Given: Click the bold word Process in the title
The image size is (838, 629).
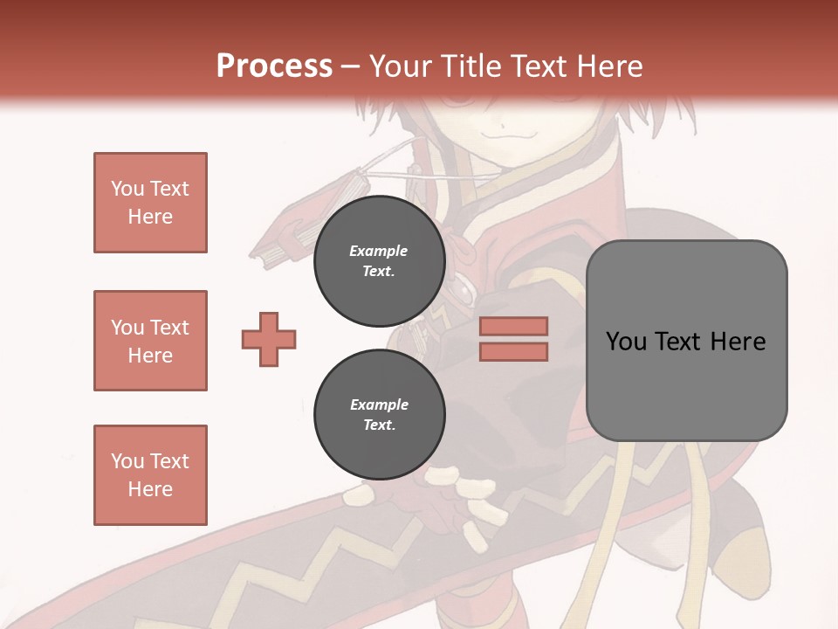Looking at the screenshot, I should click(274, 66).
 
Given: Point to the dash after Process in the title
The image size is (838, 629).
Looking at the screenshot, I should click(351, 67).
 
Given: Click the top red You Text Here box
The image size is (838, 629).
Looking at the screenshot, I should click(150, 203).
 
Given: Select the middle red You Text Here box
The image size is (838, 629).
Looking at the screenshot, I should click(150, 341).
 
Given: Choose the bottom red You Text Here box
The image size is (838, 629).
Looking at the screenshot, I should click(150, 475).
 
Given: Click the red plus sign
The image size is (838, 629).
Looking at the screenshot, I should click(269, 339).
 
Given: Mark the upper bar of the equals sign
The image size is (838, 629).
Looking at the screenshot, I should click(513, 326).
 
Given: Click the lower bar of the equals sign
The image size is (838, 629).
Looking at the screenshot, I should click(513, 351).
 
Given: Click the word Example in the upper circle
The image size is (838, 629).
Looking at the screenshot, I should click(379, 251).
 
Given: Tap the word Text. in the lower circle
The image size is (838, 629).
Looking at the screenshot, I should click(379, 425).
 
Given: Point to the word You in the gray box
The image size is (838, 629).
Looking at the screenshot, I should click(626, 342).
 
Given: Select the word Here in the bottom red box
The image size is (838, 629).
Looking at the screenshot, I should click(150, 489).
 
